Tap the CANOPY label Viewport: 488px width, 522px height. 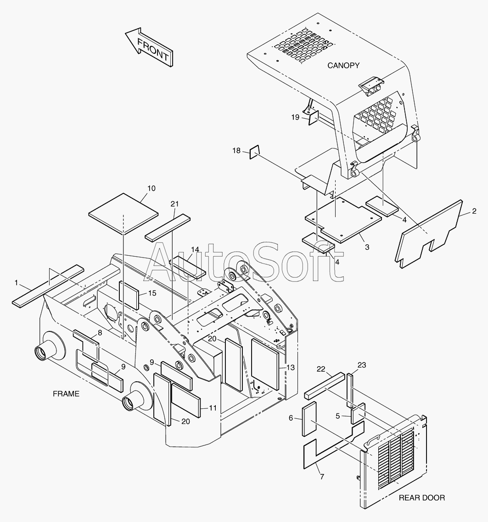343,66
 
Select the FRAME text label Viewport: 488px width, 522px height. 66,394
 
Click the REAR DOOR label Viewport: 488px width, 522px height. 421,497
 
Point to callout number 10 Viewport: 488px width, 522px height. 151,188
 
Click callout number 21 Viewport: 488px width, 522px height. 174,203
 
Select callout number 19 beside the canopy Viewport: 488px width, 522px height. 295,117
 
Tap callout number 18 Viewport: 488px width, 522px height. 236,150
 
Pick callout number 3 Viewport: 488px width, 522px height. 367,247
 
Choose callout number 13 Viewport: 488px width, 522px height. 290,367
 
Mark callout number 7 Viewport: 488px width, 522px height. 322,477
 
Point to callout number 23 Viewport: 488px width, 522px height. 362,365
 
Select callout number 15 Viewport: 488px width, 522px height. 151,293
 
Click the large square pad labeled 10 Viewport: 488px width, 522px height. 123,212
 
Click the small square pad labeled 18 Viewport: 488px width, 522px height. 254,152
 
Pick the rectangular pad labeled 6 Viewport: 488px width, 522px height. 309,418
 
